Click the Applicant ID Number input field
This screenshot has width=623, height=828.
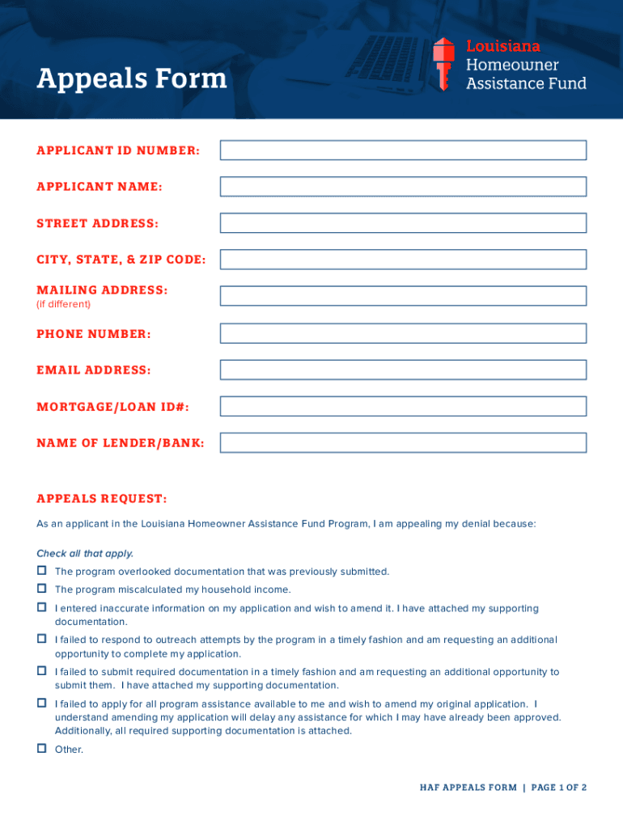point(403,150)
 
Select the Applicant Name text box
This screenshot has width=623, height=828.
point(403,187)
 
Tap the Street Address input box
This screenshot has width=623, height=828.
point(403,223)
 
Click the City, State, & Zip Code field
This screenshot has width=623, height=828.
point(403,260)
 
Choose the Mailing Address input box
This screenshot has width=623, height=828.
point(403,296)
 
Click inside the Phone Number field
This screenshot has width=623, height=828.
point(403,333)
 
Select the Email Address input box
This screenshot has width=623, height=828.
point(403,370)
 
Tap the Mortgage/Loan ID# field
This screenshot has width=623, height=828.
point(403,406)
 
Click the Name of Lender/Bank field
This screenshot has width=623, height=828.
point(403,442)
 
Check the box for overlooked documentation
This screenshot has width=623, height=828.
point(41,571)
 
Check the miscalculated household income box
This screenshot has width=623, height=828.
point(41,589)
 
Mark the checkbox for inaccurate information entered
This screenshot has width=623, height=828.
point(41,607)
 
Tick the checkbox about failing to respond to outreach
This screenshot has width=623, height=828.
point(41,639)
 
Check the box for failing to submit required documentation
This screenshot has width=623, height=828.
point(41,671)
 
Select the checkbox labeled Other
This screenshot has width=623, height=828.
point(41,749)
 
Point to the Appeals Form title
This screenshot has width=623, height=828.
point(132,78)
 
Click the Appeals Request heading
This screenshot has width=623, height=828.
point(101,498)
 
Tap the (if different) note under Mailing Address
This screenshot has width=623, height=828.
point(64,304)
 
